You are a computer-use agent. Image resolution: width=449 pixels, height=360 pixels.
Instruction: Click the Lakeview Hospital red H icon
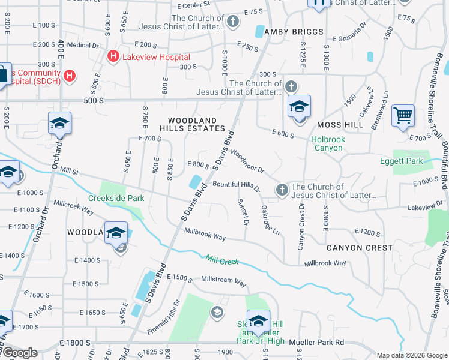pos(112,56)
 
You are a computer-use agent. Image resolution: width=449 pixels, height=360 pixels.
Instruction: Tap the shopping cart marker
pos(403,115)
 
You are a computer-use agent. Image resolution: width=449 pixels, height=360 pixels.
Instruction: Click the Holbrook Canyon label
pos(328,143)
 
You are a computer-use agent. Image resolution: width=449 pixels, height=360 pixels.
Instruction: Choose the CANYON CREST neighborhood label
pos(360,247)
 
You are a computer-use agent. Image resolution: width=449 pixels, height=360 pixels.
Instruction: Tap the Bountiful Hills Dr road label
pos(235,185)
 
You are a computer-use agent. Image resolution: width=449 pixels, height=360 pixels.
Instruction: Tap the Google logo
pos(19,352)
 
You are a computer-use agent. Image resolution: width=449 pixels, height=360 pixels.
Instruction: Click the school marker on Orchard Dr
pos(60,124)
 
